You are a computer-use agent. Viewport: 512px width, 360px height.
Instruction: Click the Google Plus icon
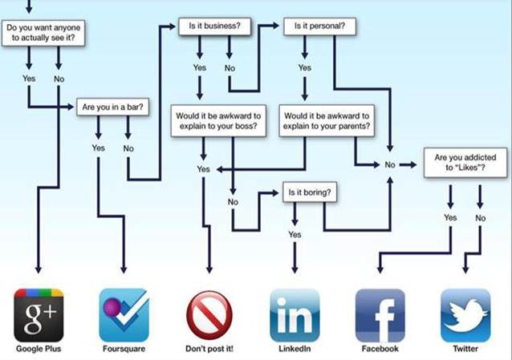pyautogui.click(x=39, y=315)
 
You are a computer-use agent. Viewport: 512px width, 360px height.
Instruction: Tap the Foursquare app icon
pyautogui.click(x=124, y=315)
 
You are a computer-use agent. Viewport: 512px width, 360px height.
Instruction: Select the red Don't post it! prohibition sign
pyautogui.click(x=209, y=315)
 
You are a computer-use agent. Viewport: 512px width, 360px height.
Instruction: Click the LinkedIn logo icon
pyautogui.click(x=295, y=315)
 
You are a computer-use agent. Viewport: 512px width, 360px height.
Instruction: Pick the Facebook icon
pyautogui.click(x=380, y=315)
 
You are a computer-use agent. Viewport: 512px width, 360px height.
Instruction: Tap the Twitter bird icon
pyautogui.click(x=465, y=315)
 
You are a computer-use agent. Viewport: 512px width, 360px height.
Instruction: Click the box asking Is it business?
pyautogui.click(x=214, y=26)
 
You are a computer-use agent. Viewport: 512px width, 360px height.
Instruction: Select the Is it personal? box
pyautogui.click(x=319, y=26)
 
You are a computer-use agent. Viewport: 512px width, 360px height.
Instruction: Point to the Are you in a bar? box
pyautogui.click(x=112, y=107)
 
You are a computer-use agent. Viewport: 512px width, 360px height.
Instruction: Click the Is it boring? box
pyautogui.click(x=310, y=192)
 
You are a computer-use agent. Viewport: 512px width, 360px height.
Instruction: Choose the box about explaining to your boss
pyautogui.click(x=218, y=121)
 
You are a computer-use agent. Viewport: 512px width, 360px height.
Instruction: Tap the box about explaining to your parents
pyautogui.click(x=327, y=121)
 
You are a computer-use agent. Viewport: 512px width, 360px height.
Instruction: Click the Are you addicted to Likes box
pyautogui.click(x=465, y=163)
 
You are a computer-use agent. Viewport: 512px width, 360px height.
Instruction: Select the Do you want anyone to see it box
pyautogui.click(x=43, y=33)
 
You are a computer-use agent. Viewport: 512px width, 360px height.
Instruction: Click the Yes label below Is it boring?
pyautogui.click(x=295, y=234)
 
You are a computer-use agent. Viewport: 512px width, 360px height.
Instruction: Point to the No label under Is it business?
pyautogui.click(x=230, y=68)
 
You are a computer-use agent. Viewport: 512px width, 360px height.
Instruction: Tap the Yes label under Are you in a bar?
pyautogui.click(x=98, y=148)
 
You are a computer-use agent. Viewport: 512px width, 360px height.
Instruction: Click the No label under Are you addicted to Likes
pyautogui.click(x=481, y=218)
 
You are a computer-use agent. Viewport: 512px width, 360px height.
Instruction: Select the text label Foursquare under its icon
pyautogui.click(x=124, y=349)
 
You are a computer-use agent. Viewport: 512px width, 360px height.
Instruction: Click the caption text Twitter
pyautogui.click(x=465, y=349)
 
